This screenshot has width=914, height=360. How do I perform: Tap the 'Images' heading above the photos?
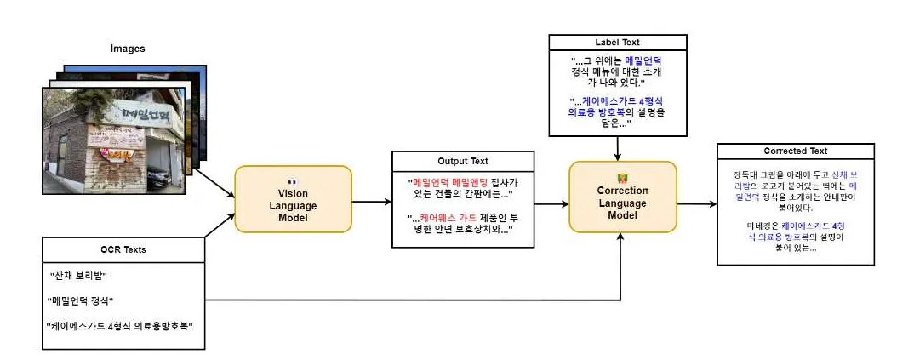pos(128,49)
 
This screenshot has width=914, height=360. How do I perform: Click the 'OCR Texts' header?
pos(123,249)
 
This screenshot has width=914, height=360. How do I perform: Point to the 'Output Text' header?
pos(463,161)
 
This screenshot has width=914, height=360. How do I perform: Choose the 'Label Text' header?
pos(617,42)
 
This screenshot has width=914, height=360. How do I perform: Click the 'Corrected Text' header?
pos(795,151)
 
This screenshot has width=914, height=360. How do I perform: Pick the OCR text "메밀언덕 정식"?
pos(82,300)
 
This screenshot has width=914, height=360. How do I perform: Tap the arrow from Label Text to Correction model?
pos(616,148)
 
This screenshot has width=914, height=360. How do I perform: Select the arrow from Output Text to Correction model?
pos(552,204)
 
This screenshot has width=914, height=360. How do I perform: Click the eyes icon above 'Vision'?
pos(292,180)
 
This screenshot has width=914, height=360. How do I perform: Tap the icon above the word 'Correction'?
pos(622,178)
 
